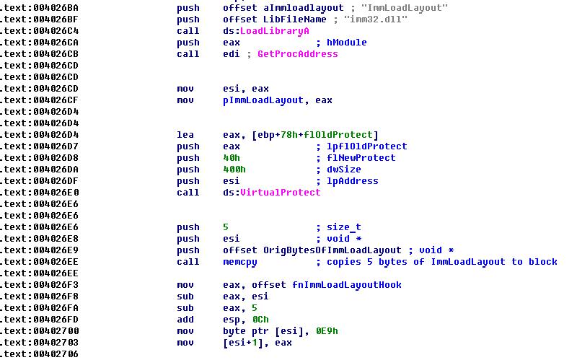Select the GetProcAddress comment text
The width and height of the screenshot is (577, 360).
[x=297, y=54]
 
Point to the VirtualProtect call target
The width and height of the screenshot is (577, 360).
[x=280, y=193]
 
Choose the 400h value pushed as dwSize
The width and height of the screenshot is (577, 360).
[x=234, y=170]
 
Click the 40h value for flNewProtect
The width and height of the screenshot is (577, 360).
[x=231, y=158]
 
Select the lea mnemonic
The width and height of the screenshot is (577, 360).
[x=185, y=135]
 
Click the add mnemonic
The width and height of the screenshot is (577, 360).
[x=185, y=320]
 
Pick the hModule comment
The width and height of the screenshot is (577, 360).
[x=346, y=43]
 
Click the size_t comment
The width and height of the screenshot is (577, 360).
[x=344, y=227]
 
